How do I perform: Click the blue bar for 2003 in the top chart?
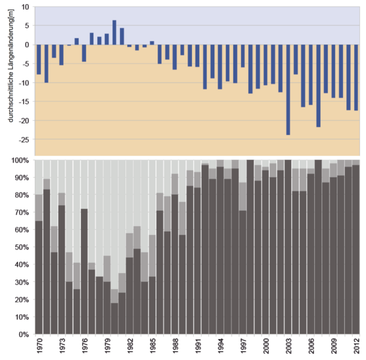(288, 89)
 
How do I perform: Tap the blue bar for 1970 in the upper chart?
(39, 59)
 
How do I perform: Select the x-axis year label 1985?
(152, 347)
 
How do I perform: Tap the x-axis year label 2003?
(288, 347)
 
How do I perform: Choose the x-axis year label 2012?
(356, 347)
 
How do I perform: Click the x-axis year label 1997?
(243, 347)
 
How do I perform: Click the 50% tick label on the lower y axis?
(22, 247)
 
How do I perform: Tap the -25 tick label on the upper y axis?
(24, 139)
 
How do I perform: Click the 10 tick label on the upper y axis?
(25, 7)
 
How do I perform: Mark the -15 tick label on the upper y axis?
(24, 101)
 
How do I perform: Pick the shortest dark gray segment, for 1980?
(114, 318)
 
